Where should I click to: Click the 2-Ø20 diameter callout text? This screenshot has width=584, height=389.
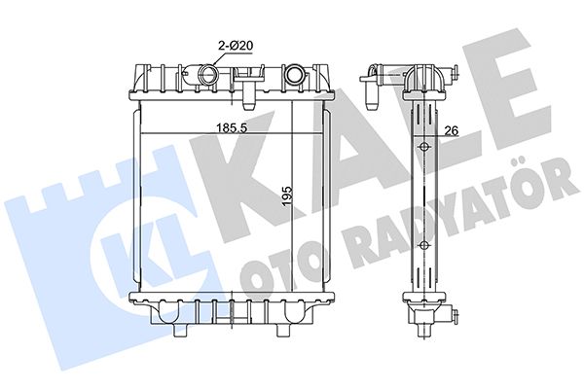[236, 46]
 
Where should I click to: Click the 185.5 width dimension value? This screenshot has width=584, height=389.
[233, 127]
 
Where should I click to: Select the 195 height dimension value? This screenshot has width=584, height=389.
[287, 195]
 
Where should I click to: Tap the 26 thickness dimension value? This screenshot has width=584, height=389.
[451, 130]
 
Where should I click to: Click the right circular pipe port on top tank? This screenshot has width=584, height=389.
[294, 73]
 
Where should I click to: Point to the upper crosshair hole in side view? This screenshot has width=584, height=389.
[423, 148]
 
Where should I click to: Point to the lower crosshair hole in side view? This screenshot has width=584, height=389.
[423, 245]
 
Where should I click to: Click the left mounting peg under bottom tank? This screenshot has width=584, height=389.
[180, 330]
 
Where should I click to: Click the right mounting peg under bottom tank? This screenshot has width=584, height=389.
[282, 330]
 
